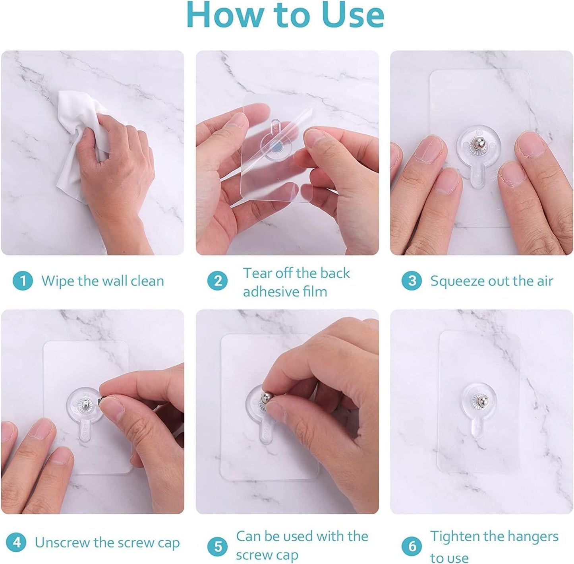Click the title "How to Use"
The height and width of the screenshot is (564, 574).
click(285, 15)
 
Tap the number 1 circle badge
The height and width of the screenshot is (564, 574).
click(23, 281)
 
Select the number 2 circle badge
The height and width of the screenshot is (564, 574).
click(218, 281)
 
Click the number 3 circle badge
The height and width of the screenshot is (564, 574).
click(412, 281)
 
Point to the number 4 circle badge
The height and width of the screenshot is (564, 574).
click(16, 543)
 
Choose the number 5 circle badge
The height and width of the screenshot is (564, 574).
click(218, 546)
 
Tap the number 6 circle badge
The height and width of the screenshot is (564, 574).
click(412, 546)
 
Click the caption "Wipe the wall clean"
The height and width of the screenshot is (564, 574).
click(102, 281)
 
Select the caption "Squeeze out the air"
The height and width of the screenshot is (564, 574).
click(491, 281)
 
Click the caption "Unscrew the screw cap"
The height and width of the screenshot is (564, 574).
click(107, 543)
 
